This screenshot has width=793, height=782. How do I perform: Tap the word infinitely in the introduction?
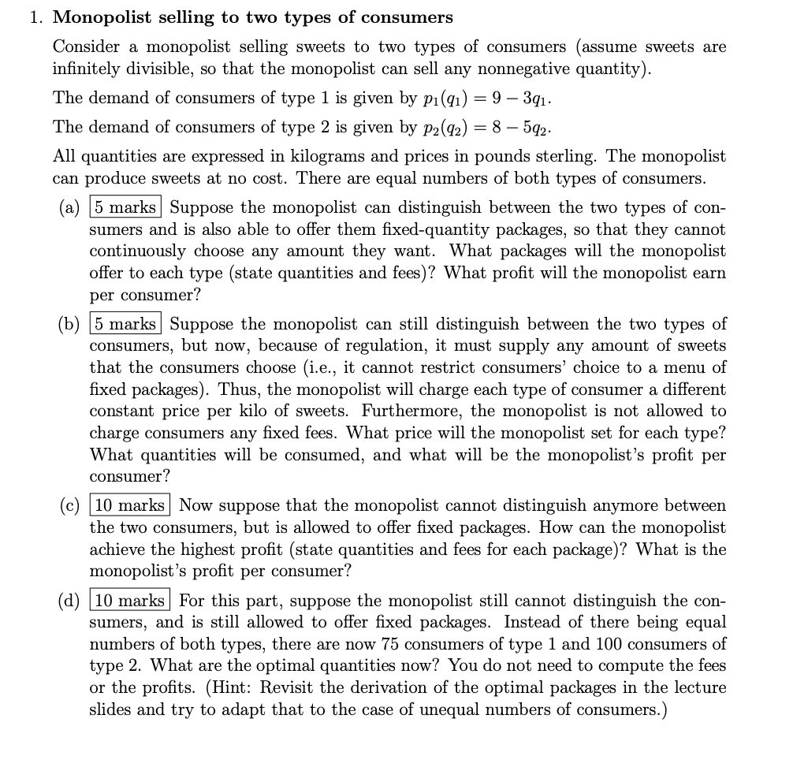(84, 69)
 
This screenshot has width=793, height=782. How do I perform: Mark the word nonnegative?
(537, 69)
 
